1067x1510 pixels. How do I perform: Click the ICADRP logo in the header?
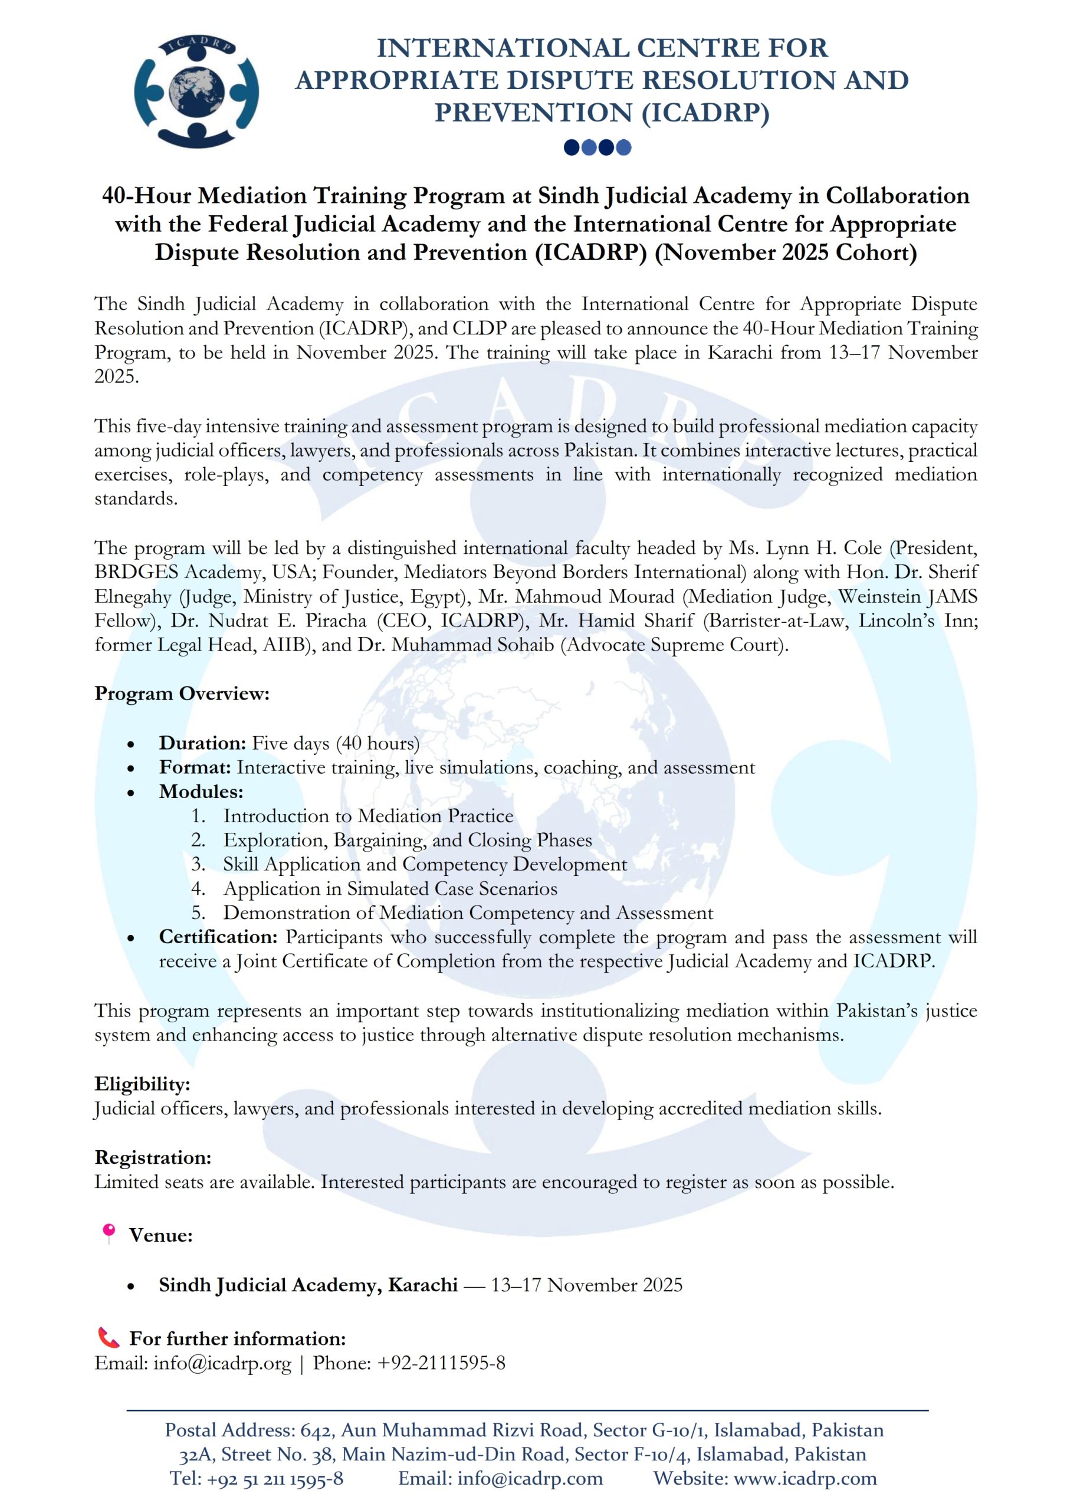point(196,91)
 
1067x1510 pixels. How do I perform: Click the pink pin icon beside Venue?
point(109,1233)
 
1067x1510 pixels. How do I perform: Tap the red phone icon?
point(109,1338)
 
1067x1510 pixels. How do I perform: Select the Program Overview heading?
point(182,693)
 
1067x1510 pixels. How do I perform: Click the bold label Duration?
point(202,743)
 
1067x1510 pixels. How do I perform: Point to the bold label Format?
point(195,767)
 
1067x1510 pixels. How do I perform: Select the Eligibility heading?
point(142,1084)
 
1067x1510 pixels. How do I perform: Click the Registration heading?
point(153,1157)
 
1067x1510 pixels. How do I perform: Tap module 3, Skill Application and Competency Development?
point(424,864)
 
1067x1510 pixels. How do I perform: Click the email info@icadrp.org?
point(222,1363)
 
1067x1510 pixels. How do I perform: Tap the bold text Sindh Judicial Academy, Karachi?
point(308,1285)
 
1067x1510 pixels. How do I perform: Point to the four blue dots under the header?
point(597,147)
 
